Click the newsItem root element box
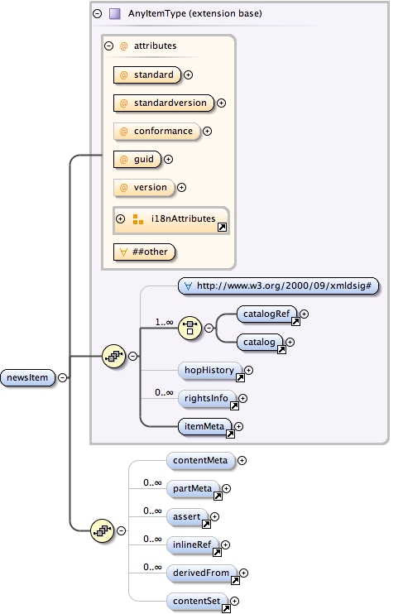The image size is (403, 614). pyautogui.click(x=29, y=377)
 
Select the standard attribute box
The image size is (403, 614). pyautogui.click(x=146, y=74)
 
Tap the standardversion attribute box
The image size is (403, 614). pyautogui.click(x=163, y=103)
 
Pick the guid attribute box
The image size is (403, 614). pyautogui.click(x=137, y=159)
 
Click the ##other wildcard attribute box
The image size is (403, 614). pyautogui.click(x=145, y=251)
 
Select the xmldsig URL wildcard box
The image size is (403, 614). pyautogui.click(x=278, y=285)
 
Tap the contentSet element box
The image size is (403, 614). pyautogui.click(x=198, y=601)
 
